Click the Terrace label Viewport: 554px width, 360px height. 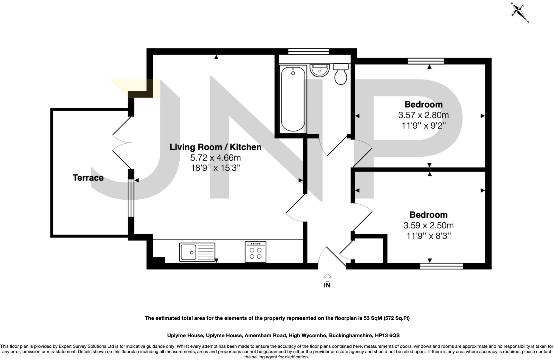88,178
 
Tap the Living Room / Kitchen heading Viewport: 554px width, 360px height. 215,147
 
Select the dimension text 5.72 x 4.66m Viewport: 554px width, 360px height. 215,157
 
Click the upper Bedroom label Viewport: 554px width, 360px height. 423,104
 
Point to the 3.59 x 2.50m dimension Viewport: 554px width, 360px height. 428,225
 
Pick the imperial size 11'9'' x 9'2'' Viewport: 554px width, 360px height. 423,126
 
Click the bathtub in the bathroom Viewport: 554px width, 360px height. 293,99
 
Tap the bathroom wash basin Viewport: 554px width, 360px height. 319,70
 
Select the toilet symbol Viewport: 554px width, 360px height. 341,74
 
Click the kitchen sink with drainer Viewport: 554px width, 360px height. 197,252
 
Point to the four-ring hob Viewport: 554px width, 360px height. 255,252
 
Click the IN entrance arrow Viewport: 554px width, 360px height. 327,278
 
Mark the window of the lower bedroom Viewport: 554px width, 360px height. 441,266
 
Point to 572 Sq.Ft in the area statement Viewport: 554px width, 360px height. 396,318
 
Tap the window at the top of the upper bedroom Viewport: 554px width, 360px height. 426,61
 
